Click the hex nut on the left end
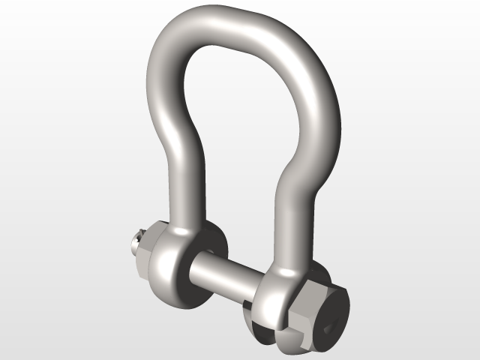[x=142, y=251]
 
